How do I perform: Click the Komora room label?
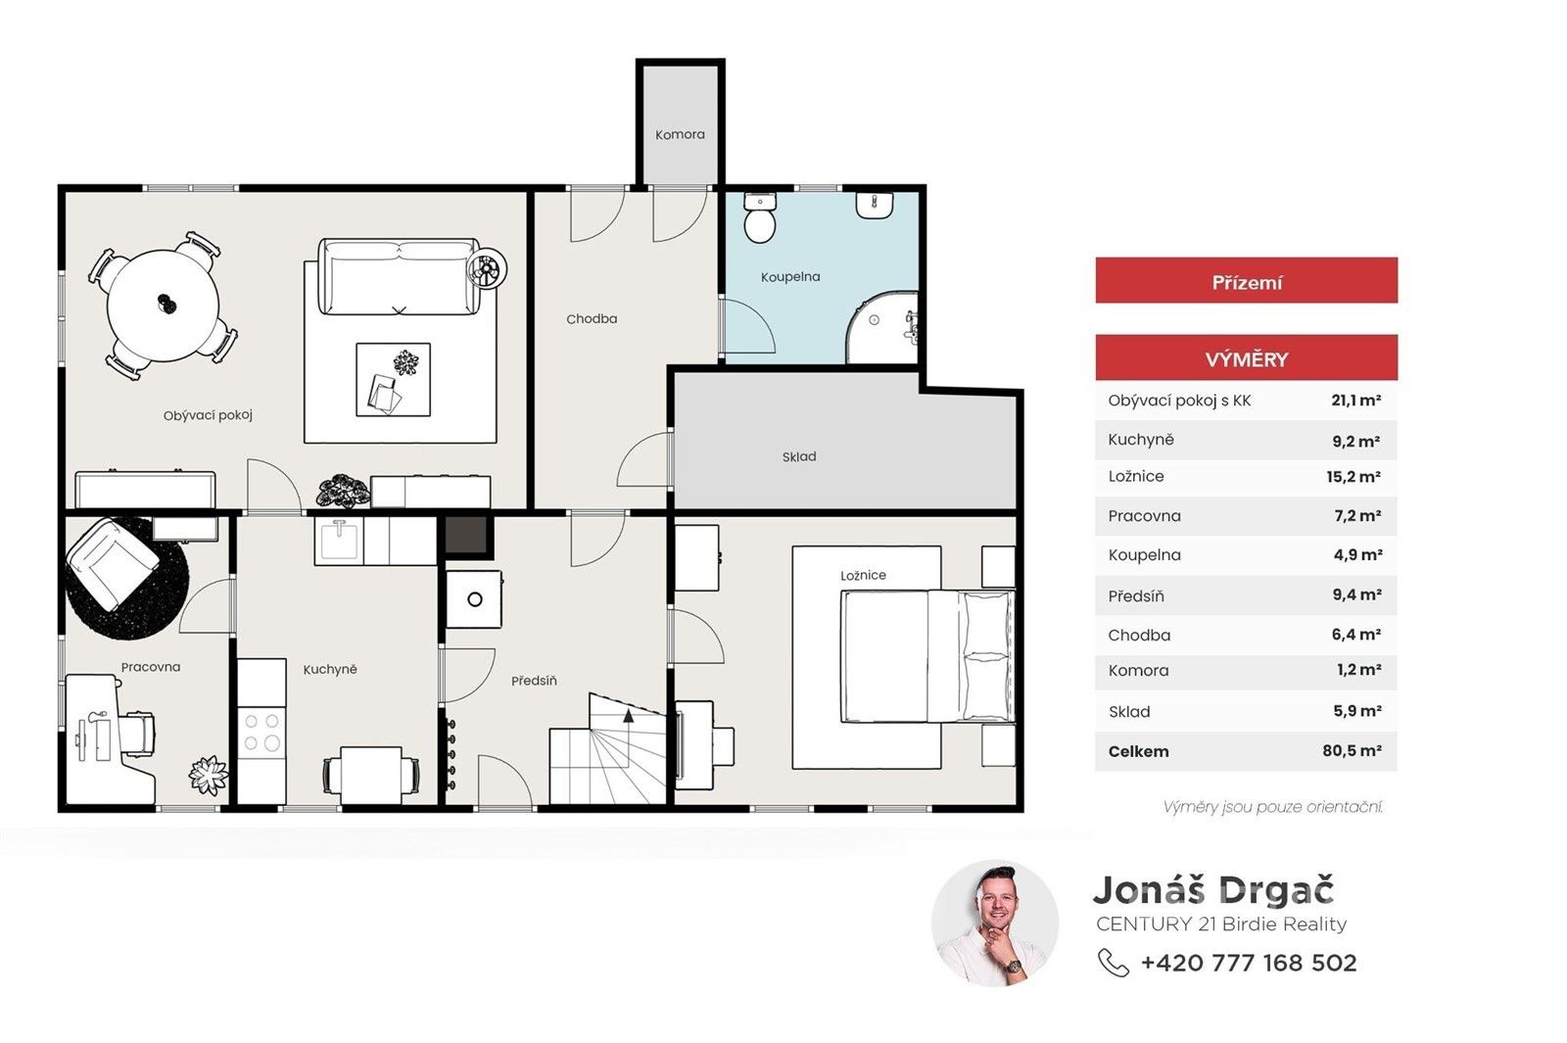(x=680, y=134)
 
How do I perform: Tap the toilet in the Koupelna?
(x=760, y=218)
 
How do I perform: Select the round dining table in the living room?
(x=163, y=305)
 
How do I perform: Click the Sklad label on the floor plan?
(x=799, y=456)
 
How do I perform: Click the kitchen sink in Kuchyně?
(x=339, y=540)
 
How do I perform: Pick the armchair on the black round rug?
(x=112, y=564)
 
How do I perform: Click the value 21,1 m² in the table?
(x=1355, y=401)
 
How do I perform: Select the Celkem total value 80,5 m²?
(x=1352, y=750)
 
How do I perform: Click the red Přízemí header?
(x=1247, y=280)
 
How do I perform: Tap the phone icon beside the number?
(x=1113, y=963)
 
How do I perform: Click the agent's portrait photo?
(x=995, y=924)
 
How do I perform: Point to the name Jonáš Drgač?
(x=1213, y=890)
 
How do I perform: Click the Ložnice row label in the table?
(x=1136, y=476)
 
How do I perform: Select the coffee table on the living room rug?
(x=393, y=380)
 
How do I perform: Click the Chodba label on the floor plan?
(x=592, y=319)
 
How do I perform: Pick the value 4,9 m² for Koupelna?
(x=1357, y=554)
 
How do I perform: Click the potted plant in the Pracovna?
(x=209, y=776)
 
